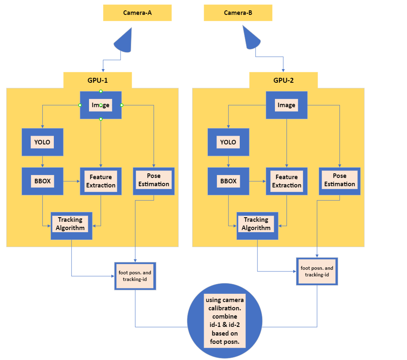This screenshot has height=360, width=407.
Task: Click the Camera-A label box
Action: [x=137, y=13]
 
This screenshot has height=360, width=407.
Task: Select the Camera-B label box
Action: [x=238, y=13]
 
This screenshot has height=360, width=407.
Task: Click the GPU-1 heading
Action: [x=97, y=80]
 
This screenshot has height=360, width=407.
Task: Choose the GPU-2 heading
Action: [x=283, y=80]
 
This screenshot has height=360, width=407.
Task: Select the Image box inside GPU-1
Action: [x=101, y=105]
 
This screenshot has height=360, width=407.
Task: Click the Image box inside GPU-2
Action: [x=287, y=105]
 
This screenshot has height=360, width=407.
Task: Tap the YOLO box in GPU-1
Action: [x=42, y=142]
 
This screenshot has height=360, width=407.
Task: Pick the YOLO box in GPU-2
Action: [x=228, y=142]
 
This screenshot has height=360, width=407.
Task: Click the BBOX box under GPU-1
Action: [x=42, y=181]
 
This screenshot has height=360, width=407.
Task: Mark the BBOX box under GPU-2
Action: [x=228, y=181]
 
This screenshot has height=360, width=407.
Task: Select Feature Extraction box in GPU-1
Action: [x=101, y=181]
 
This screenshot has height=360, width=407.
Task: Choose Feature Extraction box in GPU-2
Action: [x=287, y=181]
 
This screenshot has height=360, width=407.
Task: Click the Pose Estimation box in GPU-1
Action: [x=154, y=180]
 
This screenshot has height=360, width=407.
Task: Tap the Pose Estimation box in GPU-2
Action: [x=340, y=180]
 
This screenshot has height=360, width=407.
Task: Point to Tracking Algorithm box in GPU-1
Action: [x=71, y=226]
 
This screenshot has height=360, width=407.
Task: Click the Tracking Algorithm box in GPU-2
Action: [x=257, y=226]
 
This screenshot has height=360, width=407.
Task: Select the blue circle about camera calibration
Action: [x=225, y=321]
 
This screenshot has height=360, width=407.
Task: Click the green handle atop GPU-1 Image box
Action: [x=101, y=91]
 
